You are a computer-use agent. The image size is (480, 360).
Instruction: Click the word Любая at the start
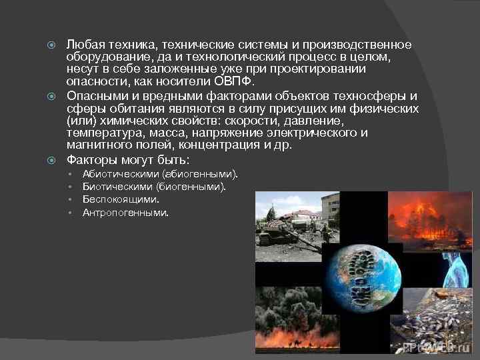pos(81,45)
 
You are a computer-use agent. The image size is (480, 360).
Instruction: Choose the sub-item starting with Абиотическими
pos(160,174)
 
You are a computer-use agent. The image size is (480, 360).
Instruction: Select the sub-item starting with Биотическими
pos(154,187)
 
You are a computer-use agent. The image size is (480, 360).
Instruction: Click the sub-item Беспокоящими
pos(121,199)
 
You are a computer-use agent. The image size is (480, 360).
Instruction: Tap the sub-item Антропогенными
pos(125,213)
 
